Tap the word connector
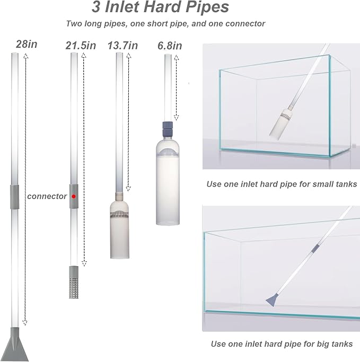(x=47, y=196)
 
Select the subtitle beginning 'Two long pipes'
(x=166, y=24)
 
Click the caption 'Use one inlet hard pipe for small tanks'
(x=282, y=184)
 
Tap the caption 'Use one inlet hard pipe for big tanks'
(x=282, y=343)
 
